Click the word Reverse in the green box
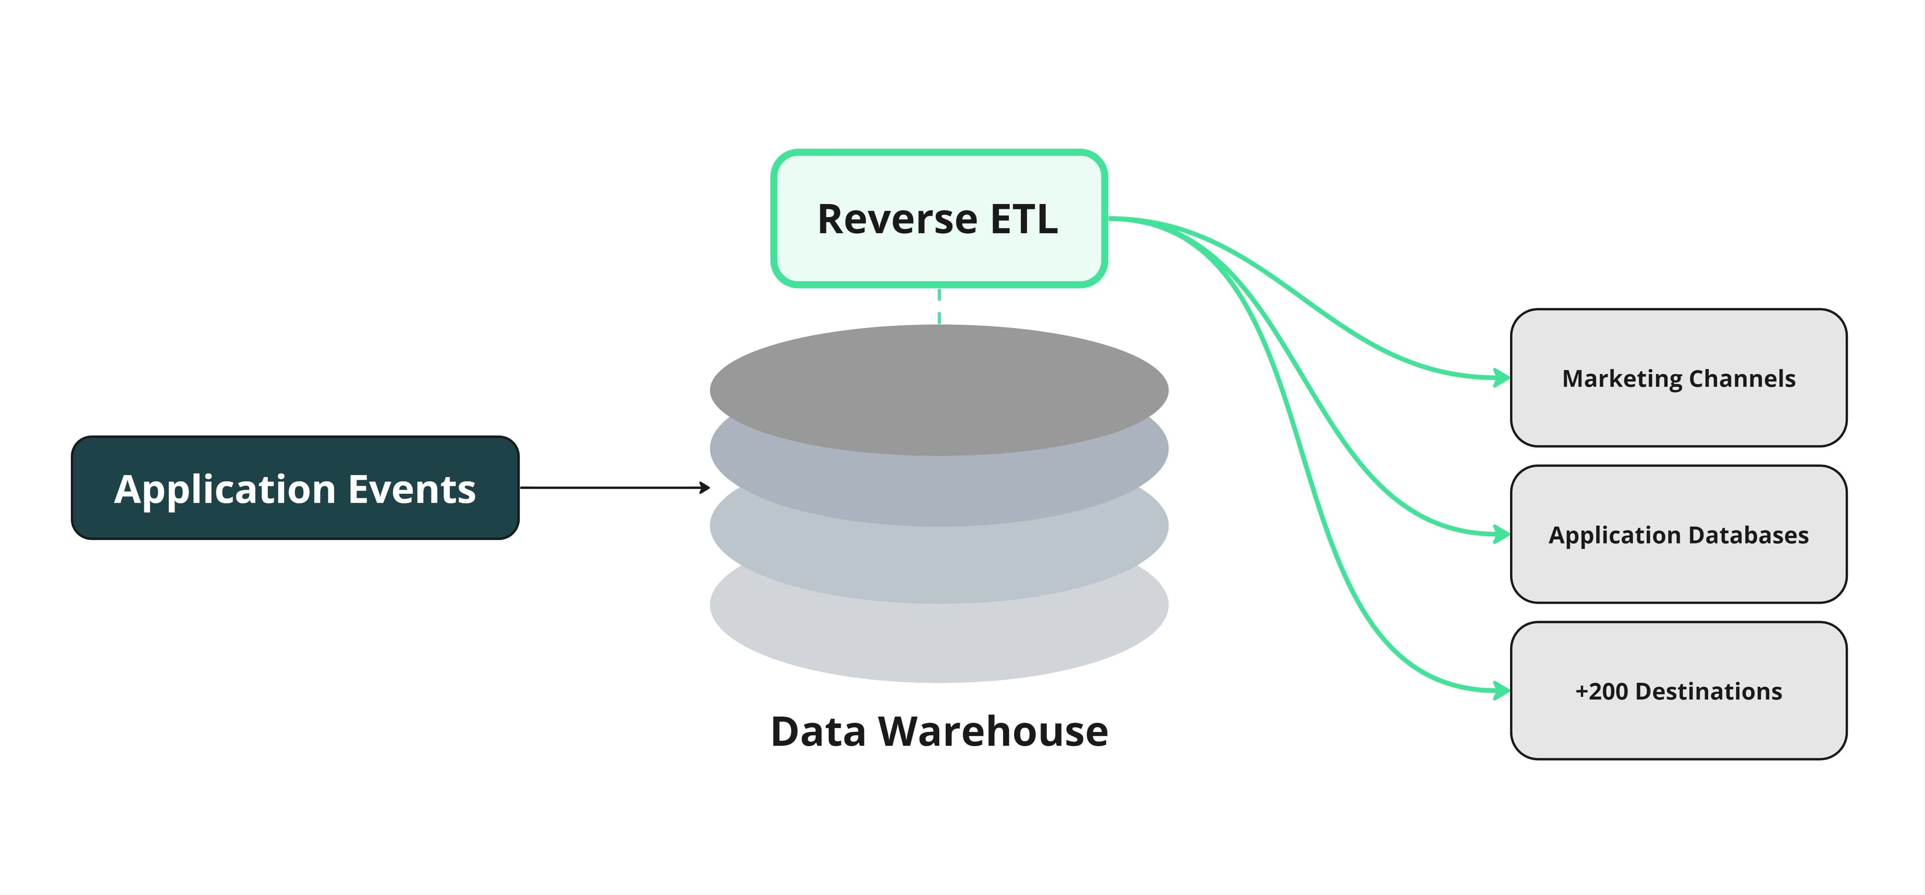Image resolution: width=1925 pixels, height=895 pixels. coord(897,219)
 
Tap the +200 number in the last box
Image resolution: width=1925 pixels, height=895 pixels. coord(1601,691)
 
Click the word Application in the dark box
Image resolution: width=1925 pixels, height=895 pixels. coord(225,489)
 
